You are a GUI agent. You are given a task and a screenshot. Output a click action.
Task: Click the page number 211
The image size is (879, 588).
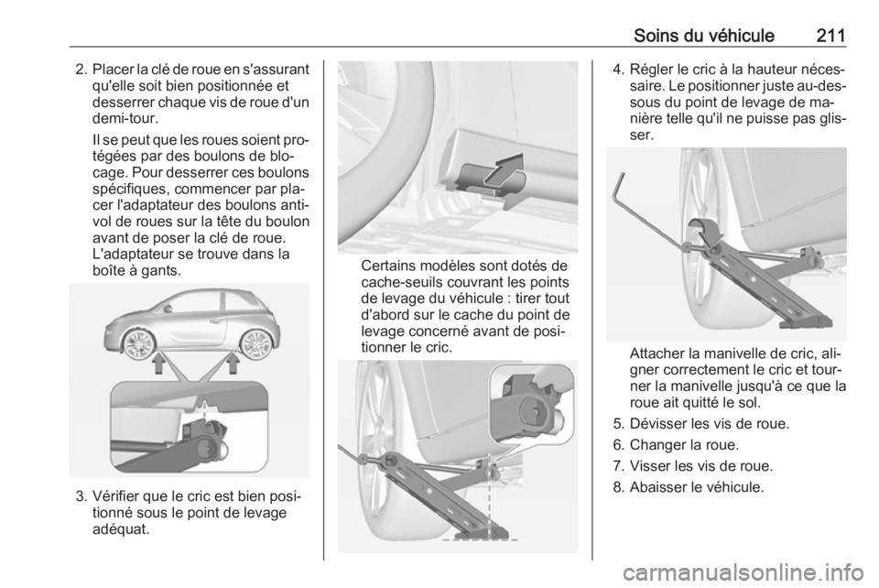830,36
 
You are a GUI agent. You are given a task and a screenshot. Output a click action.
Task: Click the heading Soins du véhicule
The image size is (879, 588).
704,36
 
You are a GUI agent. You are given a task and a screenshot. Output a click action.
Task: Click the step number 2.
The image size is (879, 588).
81,71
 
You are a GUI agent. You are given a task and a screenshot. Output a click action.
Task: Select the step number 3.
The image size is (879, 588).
81,497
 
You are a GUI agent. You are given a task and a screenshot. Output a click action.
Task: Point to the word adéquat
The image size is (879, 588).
122,528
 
